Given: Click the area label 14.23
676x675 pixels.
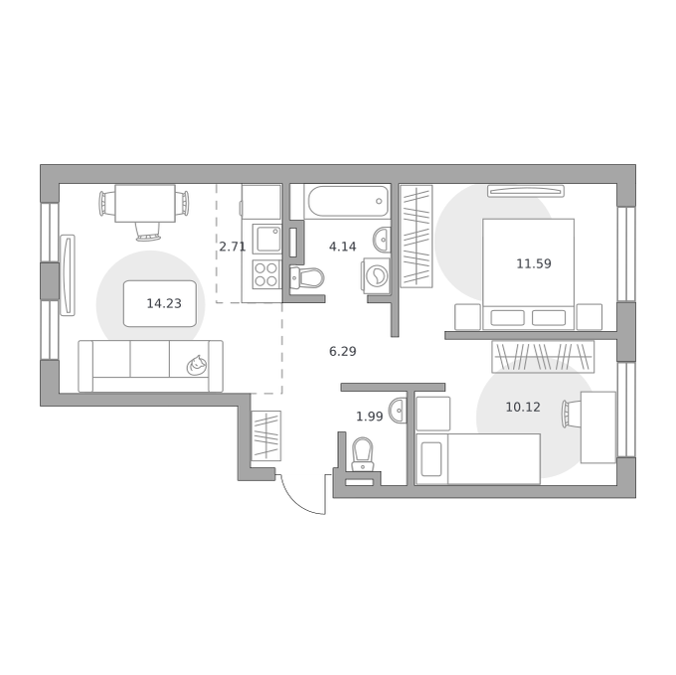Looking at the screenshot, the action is (164, 304).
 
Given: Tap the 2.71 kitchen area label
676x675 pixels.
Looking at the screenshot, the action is (233, 247).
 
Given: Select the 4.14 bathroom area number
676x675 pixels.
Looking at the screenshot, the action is (343, 247).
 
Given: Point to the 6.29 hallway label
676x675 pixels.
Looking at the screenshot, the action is (343, 352).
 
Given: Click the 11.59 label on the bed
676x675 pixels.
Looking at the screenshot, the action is (534, 263).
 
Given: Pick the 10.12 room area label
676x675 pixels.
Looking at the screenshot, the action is (523, 408).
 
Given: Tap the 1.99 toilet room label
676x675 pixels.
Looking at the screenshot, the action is (370, 417).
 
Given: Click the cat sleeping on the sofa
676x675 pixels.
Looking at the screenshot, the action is (196, 366).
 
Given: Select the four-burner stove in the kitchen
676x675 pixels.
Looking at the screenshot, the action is (266, 274).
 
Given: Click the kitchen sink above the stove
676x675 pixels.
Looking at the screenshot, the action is (266, 239).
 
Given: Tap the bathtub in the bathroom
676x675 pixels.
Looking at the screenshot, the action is (347, 201).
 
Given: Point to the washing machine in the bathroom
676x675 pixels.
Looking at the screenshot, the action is (377, 275).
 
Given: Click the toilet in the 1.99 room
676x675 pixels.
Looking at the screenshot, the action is (363, 454).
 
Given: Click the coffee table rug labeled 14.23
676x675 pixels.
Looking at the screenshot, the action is (160, 303).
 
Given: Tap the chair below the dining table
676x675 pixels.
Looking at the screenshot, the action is (148, 232).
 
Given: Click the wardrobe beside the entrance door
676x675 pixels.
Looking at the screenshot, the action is (266, 435).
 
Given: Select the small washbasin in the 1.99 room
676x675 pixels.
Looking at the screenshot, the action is (398, 411).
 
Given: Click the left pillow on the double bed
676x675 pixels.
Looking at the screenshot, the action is (507, 318).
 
